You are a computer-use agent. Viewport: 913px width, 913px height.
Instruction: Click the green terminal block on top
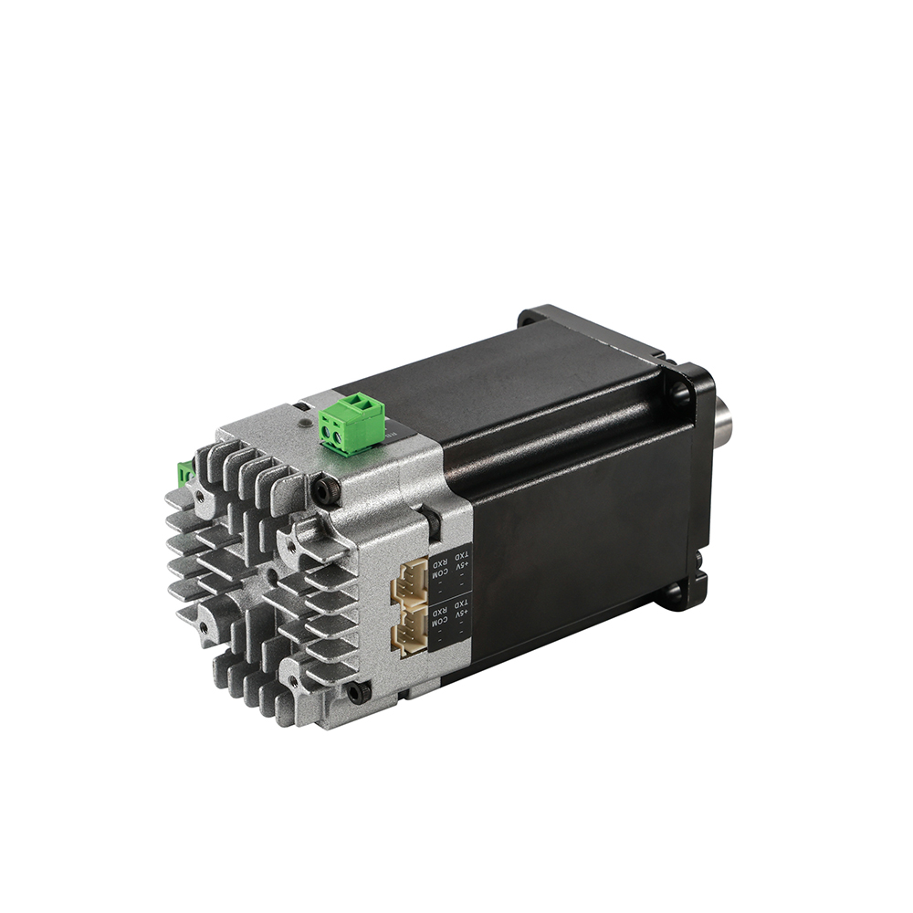click(x=351, y=422)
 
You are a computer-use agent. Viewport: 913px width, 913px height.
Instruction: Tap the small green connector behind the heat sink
click(x=184, y=473)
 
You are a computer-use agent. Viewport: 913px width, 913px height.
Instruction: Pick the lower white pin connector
click(x=410, y=633)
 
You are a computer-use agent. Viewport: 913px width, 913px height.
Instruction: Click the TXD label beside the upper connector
click(x=464, y=556)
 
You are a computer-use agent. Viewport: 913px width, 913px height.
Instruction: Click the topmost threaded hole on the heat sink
click(x=199, y=493)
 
